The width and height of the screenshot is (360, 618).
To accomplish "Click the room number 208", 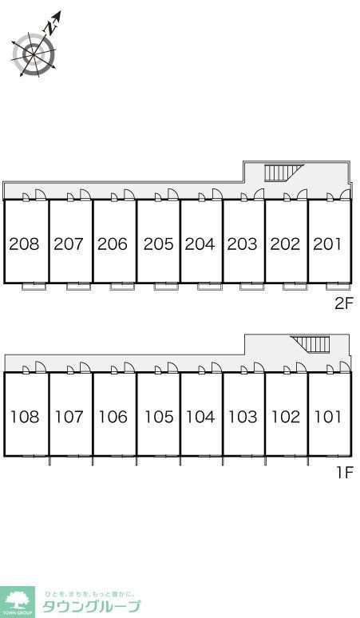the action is [25, 244].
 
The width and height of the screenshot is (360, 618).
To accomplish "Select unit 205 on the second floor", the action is [158, 244].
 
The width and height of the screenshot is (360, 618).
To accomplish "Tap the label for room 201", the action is [327, 244].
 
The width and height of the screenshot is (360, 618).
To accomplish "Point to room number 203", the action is [242, 244].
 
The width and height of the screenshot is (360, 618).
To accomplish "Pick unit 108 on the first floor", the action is [25, 417].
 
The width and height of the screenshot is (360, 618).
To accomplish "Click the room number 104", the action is [200, 417].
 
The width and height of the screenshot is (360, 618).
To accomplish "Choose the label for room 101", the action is [327, 417].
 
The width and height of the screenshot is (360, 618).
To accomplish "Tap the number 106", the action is [113, 417].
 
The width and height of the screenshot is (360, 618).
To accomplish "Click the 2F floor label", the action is [345, 303].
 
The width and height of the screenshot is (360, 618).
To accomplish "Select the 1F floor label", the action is [345, 472].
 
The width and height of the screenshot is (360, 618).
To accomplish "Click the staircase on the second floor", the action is [283, 172].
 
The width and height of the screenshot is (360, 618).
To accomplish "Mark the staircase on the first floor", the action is [310, 344].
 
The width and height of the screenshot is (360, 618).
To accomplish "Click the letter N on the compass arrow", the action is [49, 28].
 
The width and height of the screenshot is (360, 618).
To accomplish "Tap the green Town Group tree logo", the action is [17, 602].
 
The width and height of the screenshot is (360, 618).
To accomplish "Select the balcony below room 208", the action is [34, 287].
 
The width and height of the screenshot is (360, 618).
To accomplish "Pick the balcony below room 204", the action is [210, 287].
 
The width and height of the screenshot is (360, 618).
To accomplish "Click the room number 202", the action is [285, 244].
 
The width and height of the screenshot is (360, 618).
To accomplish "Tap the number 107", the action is [69, 417].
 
